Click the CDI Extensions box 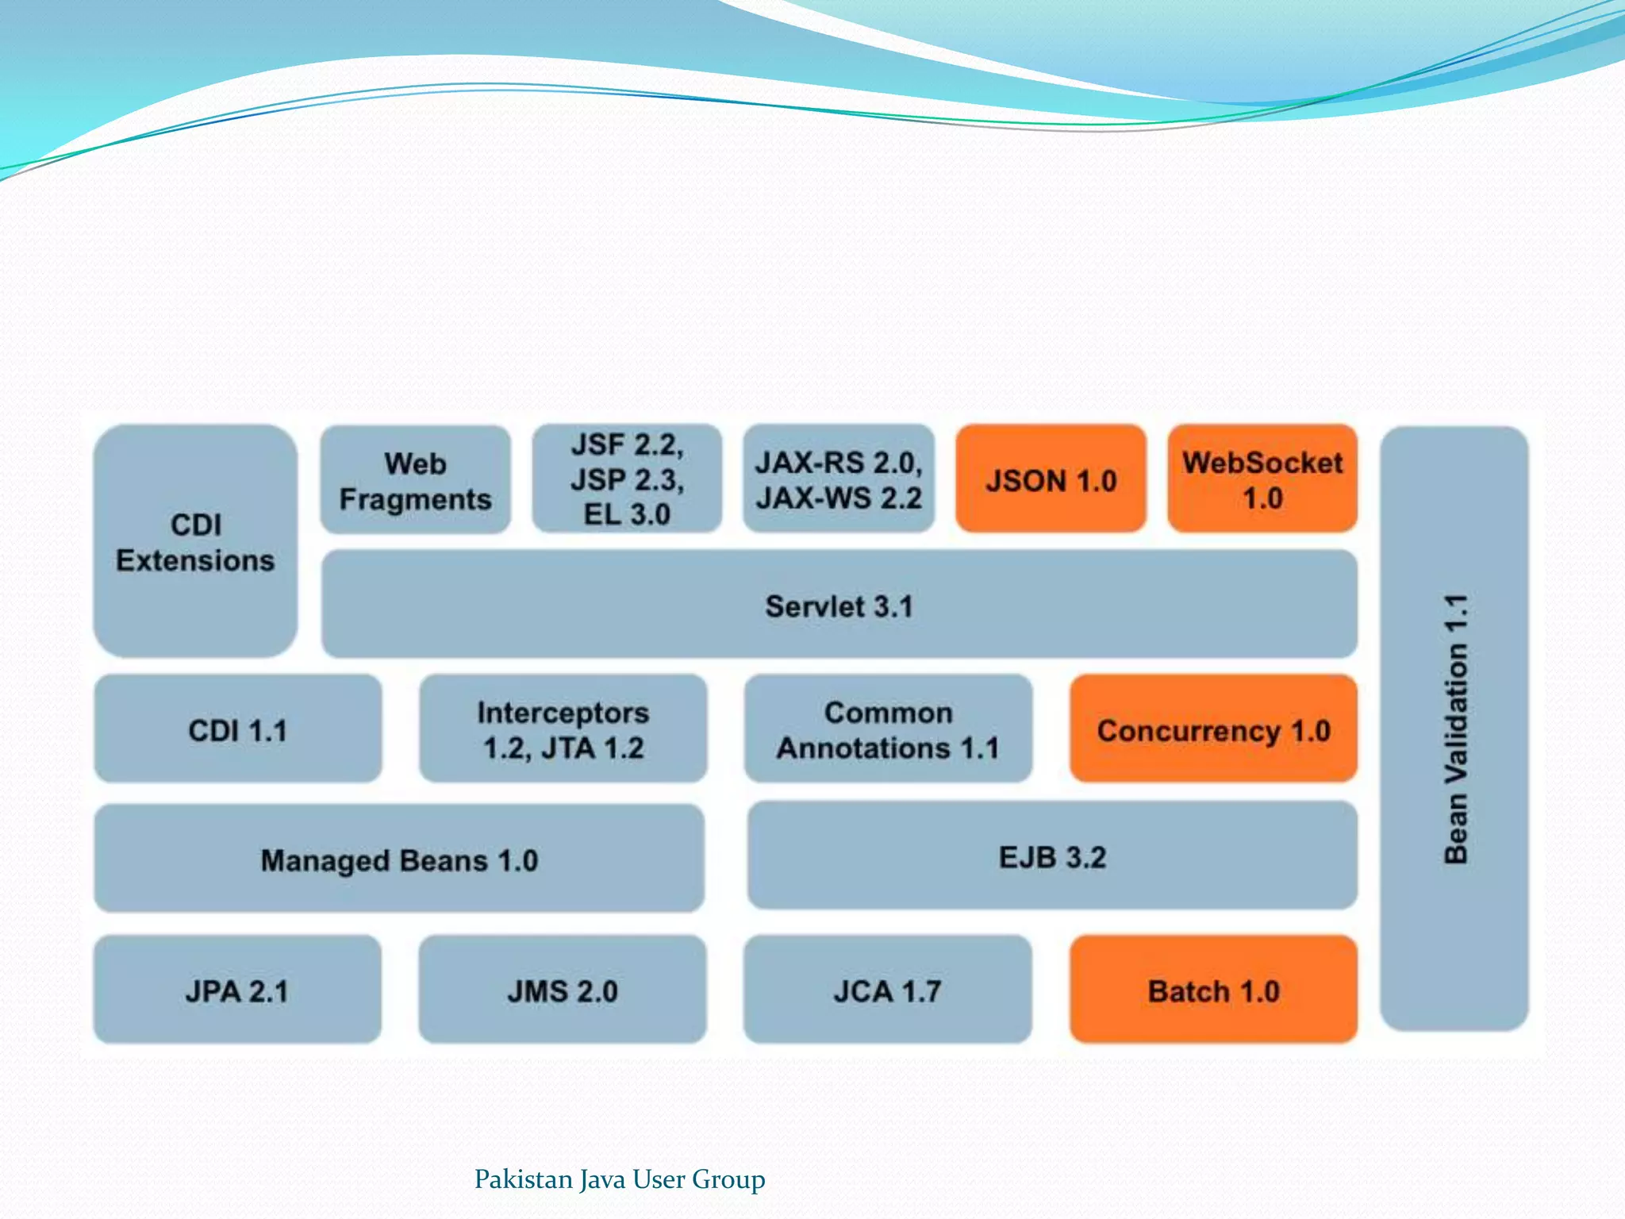195,541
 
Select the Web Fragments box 415,480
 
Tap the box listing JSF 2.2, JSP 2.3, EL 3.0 627,479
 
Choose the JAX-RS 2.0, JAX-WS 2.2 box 839,479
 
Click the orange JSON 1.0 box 1051,479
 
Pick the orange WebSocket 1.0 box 1262,479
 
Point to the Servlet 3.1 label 839,606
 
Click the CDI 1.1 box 237,729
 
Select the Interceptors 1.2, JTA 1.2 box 563,729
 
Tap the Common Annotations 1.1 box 888,729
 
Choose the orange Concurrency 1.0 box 1213,729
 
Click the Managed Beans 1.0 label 399,860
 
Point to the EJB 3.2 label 1052,857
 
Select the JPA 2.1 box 237,990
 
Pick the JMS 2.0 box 563,990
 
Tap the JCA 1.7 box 887,990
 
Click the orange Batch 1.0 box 1213,990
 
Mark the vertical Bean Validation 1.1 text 1455,729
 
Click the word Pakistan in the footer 523,1179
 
